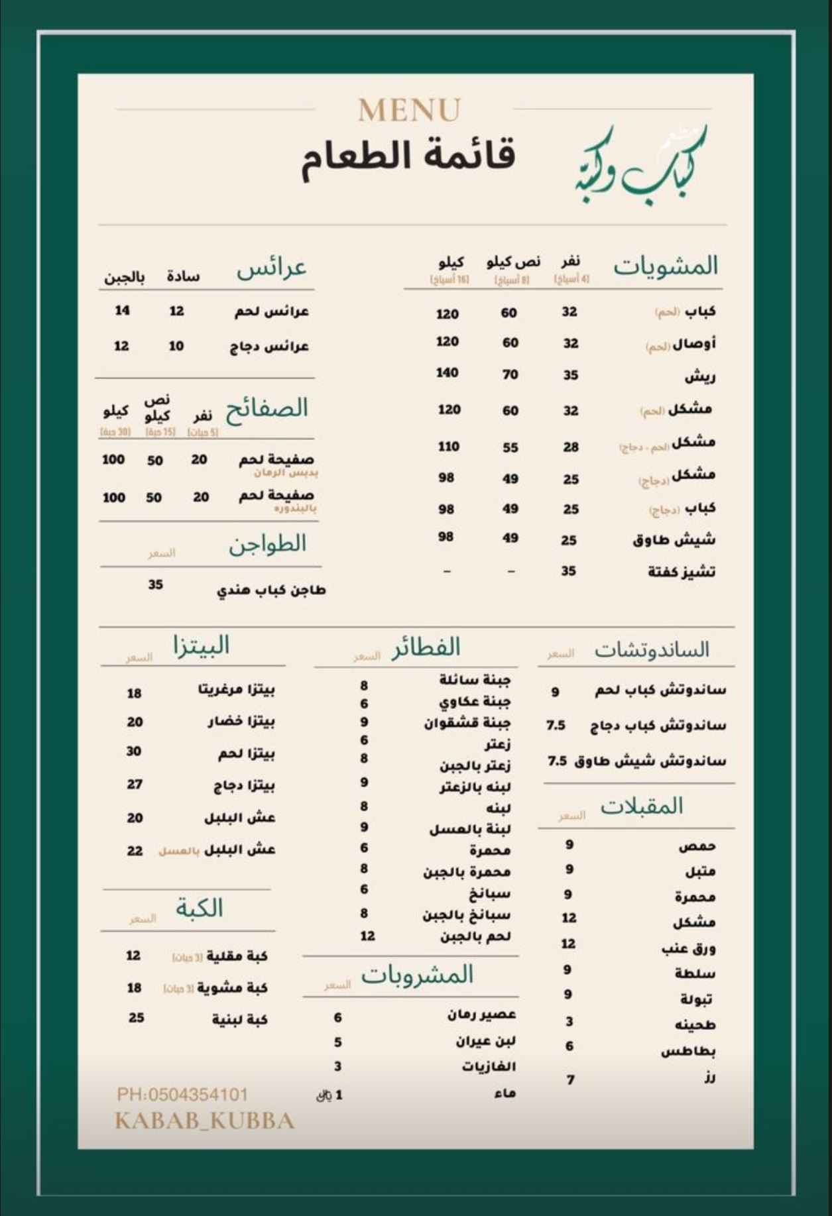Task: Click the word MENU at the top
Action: [409, 111]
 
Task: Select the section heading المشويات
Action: [666, 266]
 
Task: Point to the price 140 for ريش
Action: [447, 373]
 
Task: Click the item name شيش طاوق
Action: [674, 540]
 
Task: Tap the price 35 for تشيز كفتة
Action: [568, 571]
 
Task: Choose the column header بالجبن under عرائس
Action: [124, 276]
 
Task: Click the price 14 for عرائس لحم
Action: [123, 310]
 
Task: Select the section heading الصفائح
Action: [267, 408]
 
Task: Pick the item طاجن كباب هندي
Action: [271, 590]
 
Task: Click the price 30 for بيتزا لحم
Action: [134, 751]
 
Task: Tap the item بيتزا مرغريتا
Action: [237, 690]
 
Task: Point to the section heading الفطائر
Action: [426, 647]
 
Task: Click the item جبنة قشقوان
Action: [467, 723]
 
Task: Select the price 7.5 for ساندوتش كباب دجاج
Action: [556, 726]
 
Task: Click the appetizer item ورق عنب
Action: [688, 948]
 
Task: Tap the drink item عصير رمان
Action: [481, 1015]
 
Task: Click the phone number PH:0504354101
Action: [182, 1094]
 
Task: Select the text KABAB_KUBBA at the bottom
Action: [204, 1121]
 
